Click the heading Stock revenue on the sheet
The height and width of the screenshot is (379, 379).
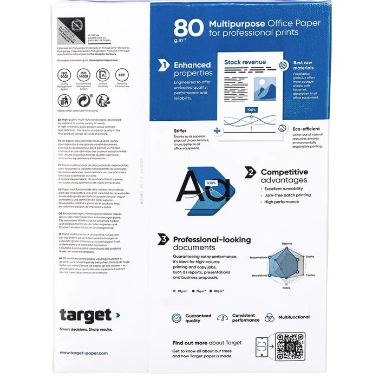245,62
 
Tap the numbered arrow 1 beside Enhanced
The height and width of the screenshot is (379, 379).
163,66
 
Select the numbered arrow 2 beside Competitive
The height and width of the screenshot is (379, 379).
250,172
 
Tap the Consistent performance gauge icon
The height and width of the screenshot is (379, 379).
223,318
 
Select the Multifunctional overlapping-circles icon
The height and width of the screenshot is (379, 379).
269,318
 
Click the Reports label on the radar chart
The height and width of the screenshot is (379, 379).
286,244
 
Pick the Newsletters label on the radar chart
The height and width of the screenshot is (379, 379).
259,275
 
